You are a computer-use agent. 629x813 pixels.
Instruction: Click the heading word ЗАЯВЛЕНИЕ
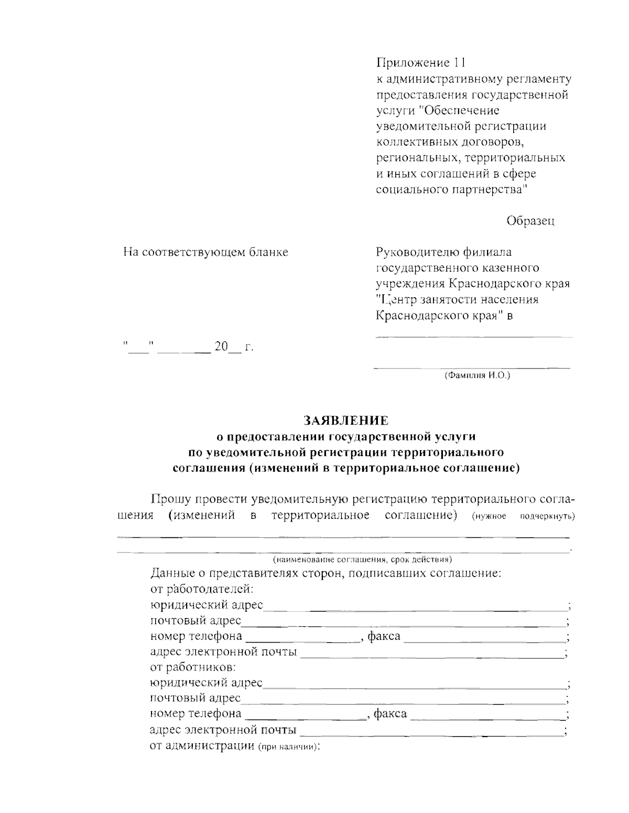[346, 420]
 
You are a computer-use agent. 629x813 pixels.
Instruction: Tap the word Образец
[530, 221]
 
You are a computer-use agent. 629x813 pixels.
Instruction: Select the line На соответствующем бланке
[205, 252]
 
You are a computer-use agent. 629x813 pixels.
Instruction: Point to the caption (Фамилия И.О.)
[476, 376]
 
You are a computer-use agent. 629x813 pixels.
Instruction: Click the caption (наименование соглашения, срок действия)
[362, 559]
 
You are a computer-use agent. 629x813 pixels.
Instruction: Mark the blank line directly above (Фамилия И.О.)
[472, 367]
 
